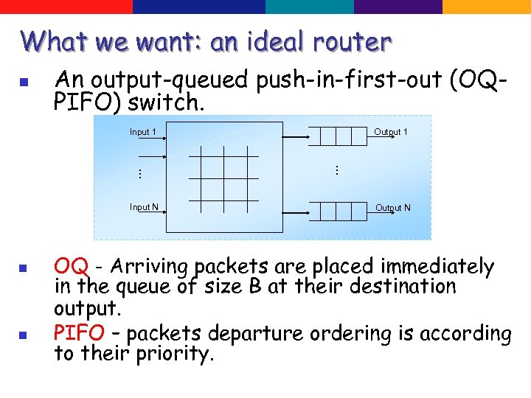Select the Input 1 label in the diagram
[143, 133]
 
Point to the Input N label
[144, 207]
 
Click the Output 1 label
[391, 133]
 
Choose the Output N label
[393, 208]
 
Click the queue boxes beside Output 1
[338, 136]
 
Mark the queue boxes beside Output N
[338, 212]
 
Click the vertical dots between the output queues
[335, 170]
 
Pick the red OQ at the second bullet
[72, 266]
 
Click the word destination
[398, 286]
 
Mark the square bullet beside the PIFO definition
[23, 335]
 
